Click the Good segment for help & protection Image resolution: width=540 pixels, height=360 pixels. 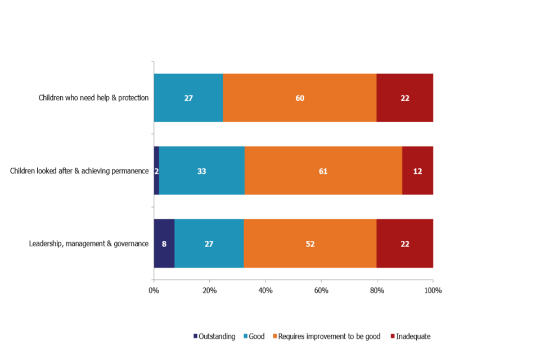pyautogui.click(x=188, y=98)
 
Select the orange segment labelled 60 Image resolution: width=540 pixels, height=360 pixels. pyautogui.click(x=300, y=98)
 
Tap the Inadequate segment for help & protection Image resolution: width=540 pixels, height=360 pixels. pyautogui.click(x=405, y=98)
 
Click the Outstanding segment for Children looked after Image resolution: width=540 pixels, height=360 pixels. pyautogui.click(x=156, y=171)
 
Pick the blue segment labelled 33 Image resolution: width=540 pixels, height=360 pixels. pyautogui.click(x=202, y=171)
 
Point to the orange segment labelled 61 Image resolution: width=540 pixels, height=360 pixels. pyautogui.click(x=323, y=171)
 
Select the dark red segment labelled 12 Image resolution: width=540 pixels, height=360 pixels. pyautogui.click(x=417, y=171)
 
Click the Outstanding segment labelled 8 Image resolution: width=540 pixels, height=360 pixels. pyautogui.click(x=164, y=244)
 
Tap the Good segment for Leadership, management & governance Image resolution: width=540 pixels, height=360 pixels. pyautogui.click(x=209, y=244)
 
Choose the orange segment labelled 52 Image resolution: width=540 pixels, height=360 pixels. pyautogui.click(x=310, y=244)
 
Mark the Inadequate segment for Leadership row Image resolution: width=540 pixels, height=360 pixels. pyautogui.click(x=405, y=244)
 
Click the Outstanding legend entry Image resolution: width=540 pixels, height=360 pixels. pyautogui.click(x=214, y=336)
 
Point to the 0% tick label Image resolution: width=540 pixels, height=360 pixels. pyautogui.click(x=154, y=291)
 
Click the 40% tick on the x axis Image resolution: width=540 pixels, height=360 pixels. pyautogui.click(x=265, y=291)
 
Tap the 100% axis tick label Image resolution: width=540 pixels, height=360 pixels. pyautogui.click(x=433, y=291)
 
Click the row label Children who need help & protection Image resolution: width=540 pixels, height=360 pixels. pyautogui.click(x=93, y=98)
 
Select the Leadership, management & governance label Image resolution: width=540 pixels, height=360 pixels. pyautogui.click(x=89, y=244)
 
